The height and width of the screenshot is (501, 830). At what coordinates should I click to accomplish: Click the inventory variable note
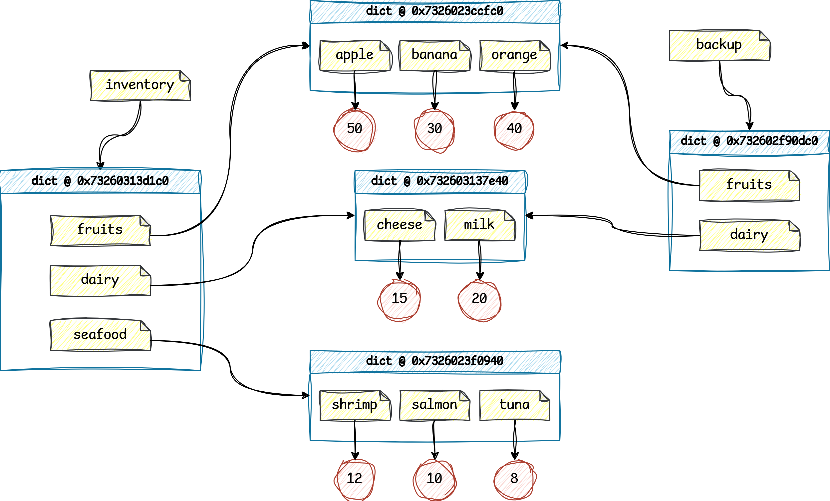140,85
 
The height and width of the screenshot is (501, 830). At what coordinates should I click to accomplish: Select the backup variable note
719,46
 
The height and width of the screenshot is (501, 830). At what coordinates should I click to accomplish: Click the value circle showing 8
514,479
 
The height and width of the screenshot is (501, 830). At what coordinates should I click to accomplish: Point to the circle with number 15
400,299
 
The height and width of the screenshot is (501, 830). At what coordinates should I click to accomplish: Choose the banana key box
434,56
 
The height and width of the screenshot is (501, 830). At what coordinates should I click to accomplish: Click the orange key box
514,56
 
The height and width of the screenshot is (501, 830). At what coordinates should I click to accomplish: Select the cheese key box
400,225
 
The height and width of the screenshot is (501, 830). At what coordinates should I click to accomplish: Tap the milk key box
479,225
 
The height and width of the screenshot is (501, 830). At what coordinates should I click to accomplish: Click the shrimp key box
354,405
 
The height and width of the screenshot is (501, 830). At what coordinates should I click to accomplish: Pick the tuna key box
514,405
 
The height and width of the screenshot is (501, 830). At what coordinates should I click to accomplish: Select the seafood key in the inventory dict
100,335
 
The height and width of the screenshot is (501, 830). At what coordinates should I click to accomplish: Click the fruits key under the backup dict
749,185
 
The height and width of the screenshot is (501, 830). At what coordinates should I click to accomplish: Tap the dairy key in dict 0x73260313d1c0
100,281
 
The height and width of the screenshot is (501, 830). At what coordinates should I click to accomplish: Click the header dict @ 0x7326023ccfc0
434,12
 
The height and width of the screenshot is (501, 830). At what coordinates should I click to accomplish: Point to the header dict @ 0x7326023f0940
434,362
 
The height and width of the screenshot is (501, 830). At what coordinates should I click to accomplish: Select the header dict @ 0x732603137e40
439,182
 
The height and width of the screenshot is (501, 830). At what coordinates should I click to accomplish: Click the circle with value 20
479,299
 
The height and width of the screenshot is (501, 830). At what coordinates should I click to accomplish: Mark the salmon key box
434,405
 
